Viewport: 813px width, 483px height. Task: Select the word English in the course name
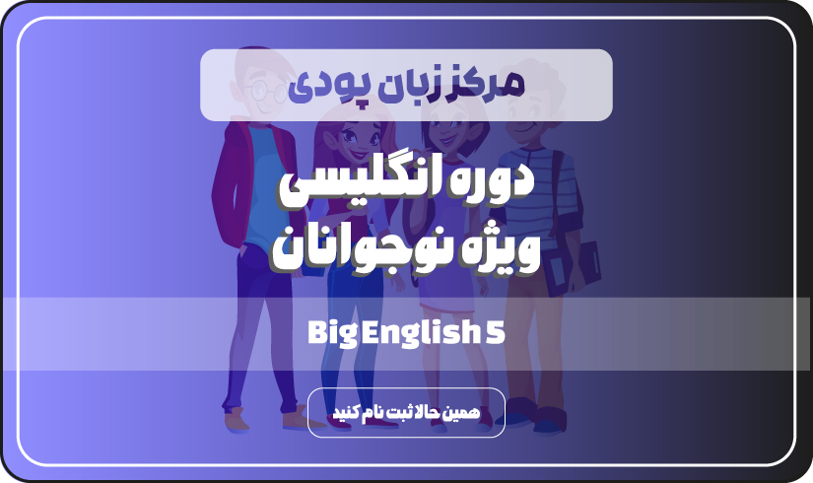click(421, 333)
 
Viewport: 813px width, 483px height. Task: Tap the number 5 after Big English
click(496, 332)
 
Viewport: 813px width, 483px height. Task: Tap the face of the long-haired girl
click(354, 139)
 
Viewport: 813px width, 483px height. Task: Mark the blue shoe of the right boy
click(548, 425)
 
